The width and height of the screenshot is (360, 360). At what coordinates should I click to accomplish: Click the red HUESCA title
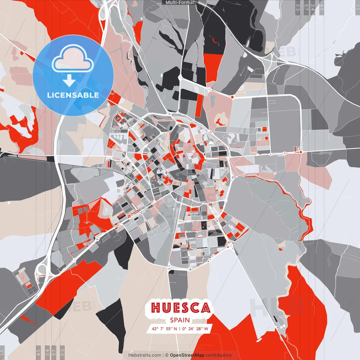(x=181, y=308)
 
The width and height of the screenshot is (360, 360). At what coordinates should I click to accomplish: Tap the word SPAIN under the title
(x=180, y=320)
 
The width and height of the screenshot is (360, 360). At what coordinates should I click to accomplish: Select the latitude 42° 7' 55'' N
(x=165, y=329)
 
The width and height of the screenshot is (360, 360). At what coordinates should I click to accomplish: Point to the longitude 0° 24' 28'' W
(x=195, y=329)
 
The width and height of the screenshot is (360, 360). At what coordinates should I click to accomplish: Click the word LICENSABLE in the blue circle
(x=73, y=95)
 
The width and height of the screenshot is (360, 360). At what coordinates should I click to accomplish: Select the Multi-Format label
(x=180, y=3)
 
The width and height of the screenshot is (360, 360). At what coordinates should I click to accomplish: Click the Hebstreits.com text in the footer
(x=145, y=355)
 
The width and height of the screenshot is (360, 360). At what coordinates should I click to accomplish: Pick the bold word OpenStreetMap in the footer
(x=187, y=355)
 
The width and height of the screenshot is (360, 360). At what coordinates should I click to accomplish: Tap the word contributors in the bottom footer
(x=219, y=355)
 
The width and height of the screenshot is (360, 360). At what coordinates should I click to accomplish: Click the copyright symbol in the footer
(x=166, y=355)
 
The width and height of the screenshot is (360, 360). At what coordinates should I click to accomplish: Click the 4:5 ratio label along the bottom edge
(x=38, y=352)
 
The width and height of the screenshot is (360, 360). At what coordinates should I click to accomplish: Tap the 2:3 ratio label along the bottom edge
(x=62, y=352)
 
